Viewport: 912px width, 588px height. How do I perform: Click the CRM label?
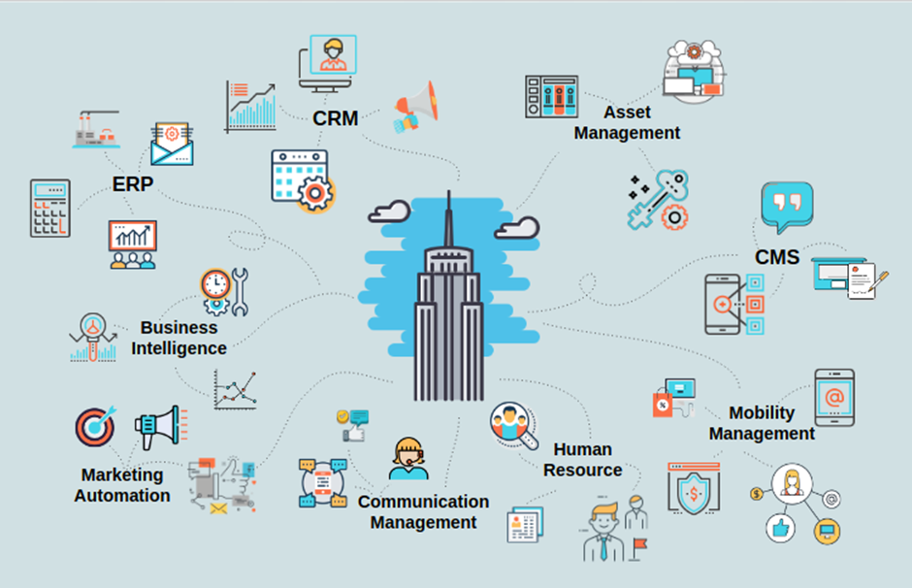(x=336, y=118)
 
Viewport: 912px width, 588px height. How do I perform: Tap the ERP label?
(x=132, y=184)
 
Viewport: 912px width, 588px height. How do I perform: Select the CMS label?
(x=777, y=256)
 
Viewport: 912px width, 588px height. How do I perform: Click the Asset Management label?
(x=627, y=123)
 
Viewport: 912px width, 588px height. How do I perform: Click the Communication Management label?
(x=423, y=511)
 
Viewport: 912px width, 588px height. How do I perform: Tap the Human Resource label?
(x=582, y=460)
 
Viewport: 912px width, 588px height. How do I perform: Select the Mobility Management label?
(x=762, y=423)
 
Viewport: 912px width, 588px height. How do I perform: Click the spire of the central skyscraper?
(x=449, y=218)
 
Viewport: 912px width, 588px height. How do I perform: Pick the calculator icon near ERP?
(x=49, y=208)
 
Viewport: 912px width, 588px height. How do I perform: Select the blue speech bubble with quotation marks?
(x=786, y=207)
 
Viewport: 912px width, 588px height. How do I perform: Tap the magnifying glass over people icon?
(x=512, y=425)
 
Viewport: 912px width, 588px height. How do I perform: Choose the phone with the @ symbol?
(x=833, y=397)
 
